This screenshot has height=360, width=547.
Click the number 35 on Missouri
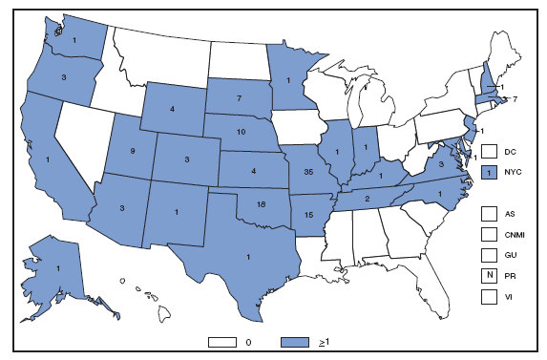[307, 172]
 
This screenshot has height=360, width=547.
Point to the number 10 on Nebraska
[242, 132]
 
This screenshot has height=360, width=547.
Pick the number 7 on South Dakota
[240, 99]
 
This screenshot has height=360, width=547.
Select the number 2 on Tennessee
[368, 198]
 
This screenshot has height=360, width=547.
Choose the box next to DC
[489, 151]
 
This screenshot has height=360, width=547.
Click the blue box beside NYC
[489, 172]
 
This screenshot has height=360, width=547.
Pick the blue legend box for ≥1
[296, 340]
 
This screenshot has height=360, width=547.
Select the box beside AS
[489, 215]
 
